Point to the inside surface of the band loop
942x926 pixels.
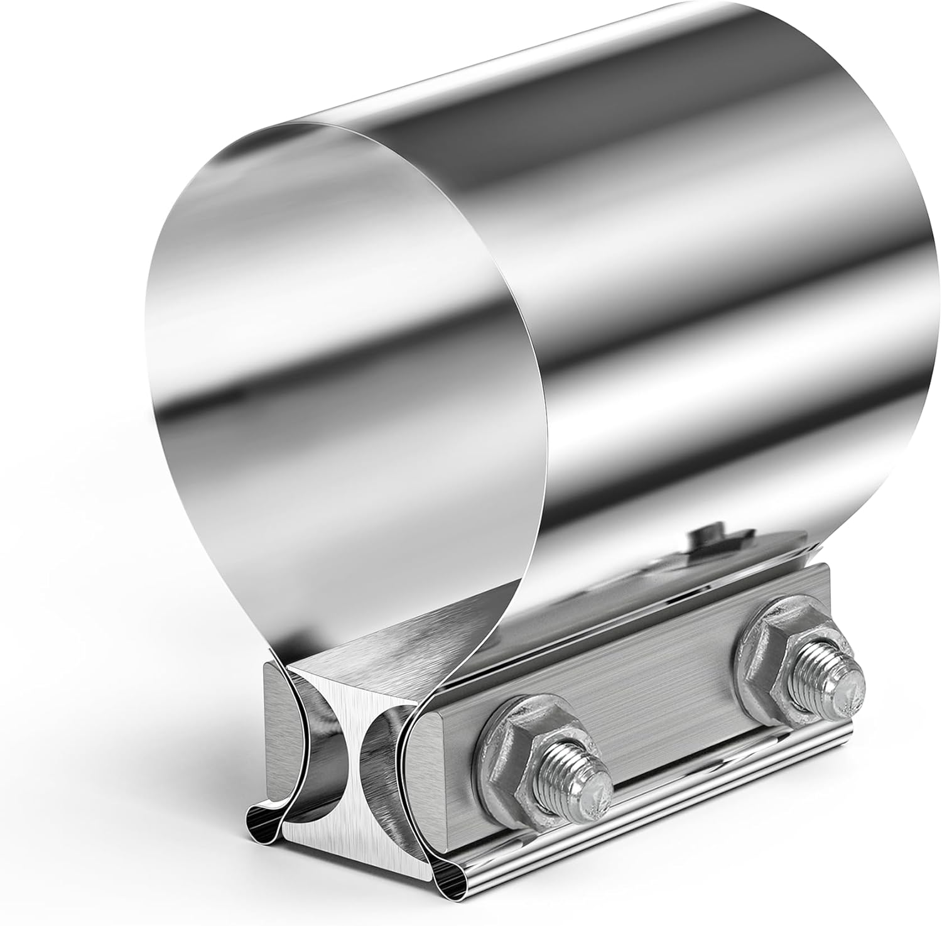pos(339,377)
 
